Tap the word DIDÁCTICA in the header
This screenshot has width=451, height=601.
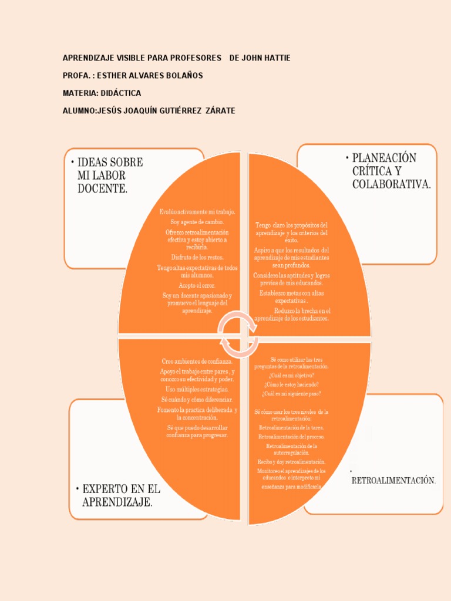tap(122, 93)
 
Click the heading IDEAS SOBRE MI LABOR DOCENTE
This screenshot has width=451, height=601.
tap(110, 175)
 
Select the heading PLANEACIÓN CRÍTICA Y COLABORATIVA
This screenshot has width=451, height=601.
tap(391, 171)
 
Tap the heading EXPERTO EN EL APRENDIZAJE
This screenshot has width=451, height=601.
tap(121, 495)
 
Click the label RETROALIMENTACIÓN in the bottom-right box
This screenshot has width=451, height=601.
tap(393, 481)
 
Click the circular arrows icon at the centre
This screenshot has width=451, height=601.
tap(238, 335)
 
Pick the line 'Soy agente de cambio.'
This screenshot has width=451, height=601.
tap(197, 222)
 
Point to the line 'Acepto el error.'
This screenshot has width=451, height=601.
tap(197, 285)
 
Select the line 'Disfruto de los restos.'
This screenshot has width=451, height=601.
tap(197, 257)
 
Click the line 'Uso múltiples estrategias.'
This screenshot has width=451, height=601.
tap(197, 389)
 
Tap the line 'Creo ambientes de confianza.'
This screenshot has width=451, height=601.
tap(197, 362)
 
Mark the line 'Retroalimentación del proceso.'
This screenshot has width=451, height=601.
tap(292, 437)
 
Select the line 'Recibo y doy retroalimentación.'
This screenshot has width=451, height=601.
tap(292, 462)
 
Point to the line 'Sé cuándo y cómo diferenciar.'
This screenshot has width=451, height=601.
tap(197, 400)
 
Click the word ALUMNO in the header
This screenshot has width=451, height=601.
tap(79, 111)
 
